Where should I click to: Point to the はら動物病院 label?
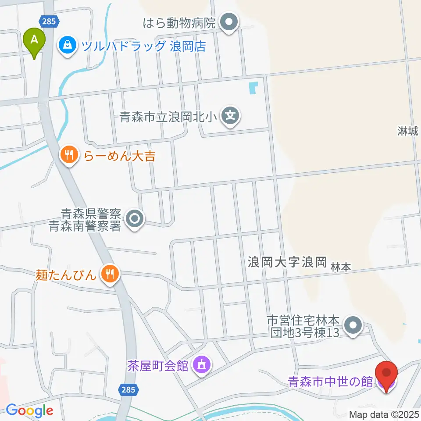click(x=180, y=22)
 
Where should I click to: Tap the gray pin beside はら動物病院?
click(x=228, y=22)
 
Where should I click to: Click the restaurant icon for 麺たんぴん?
click(x=108, y=274)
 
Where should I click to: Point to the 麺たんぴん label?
click(x=66, y=275)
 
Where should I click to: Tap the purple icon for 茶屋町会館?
click(x=202, y=364)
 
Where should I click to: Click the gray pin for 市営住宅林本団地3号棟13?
click(x=352, y=325)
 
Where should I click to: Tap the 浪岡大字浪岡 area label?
click(x=288, y=263)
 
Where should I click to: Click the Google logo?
click(x=29, y=410)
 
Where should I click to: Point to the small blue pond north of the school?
click(x=253, y=88)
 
